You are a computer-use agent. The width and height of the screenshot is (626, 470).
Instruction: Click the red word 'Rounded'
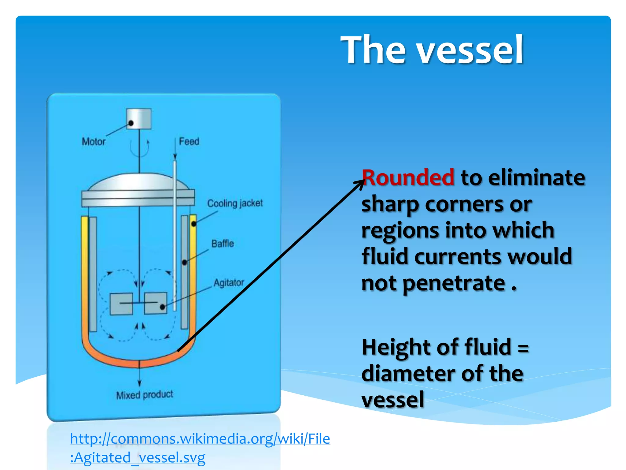[x=408, y=178]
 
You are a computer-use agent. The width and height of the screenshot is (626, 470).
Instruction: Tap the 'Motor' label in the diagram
[x=94, y=142]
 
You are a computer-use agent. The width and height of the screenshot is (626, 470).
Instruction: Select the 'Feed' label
[x=189, y=141]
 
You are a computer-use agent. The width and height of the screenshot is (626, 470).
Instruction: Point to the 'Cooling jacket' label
[x=235, y=203]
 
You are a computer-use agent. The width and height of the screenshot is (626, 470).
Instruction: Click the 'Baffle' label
[x=223, y=244]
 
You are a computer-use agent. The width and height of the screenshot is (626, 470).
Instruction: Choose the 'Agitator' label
[x=229, y=282]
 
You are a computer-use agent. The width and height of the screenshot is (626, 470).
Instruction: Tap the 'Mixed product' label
[x=145, y=395]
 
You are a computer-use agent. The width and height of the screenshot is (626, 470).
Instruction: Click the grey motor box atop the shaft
[x=139, y=118]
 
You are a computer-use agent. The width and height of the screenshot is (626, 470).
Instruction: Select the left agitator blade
[x=121, y=304]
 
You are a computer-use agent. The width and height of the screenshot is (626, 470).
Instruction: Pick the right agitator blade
[x=156, y=303]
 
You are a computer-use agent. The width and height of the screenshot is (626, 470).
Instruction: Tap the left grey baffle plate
[x=93, y=274]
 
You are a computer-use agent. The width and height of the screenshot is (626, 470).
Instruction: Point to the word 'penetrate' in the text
[x=454, y=283]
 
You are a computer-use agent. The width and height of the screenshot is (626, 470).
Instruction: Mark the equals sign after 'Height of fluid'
[x=523, y=348]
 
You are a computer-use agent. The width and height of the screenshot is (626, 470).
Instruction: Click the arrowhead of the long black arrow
[x=361, y=183]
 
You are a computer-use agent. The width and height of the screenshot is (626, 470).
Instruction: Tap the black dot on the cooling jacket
[x=193, y=224]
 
